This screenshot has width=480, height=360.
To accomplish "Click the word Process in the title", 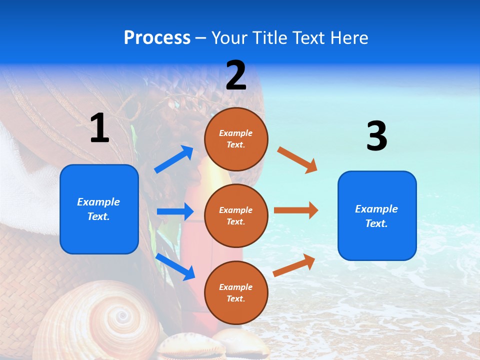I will coord(157,37).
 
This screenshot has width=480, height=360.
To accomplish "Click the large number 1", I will coord(99,128).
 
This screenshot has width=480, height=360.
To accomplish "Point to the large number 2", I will coord(236,75).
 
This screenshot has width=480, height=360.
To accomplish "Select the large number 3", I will coord(376,135).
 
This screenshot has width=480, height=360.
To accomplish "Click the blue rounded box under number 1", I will coord(99,209).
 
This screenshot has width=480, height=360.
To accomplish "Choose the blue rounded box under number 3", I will coord(377,216).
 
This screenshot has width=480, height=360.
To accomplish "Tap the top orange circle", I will coord(236,139).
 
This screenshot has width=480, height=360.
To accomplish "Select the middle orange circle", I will coord(236,215).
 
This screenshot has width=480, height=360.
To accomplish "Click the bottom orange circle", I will coord(236,292).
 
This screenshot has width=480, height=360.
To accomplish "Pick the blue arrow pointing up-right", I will coord(174,159).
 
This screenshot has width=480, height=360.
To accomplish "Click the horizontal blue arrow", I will coord(175,211).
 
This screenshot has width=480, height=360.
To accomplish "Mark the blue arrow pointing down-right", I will coord(175,266).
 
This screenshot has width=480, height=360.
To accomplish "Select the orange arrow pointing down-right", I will coord(297,159).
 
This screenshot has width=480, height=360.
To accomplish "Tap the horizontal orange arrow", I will coord(296,210).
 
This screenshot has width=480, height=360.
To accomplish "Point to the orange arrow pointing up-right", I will coord(294,265).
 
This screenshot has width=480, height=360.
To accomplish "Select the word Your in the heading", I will coord(230,37).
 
